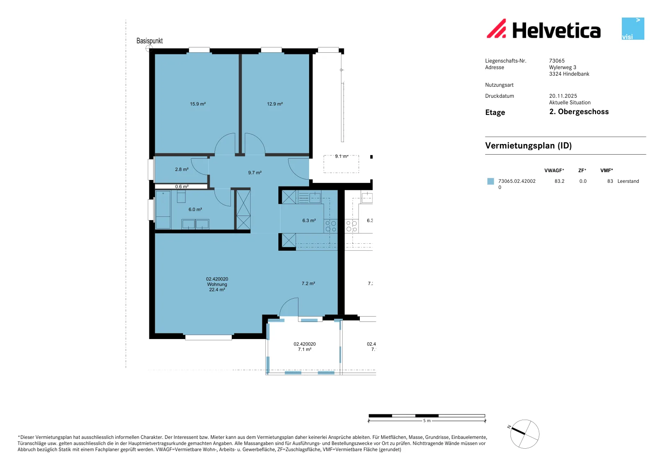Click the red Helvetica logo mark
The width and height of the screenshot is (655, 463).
pos(496,28)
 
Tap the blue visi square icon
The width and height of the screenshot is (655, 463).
pos(633,29)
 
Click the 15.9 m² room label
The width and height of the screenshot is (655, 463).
pos(198,104)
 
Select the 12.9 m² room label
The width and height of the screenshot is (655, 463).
pos(275,104)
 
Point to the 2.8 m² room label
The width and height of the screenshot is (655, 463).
pos(182,169)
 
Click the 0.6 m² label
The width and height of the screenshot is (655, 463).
pos(182,187)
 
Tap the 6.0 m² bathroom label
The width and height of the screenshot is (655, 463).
pos(195,209)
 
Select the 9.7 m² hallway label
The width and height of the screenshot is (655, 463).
pos(255,173)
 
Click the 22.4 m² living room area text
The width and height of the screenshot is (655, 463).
pos(217,290)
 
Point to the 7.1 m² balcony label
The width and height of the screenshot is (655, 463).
pos(305,349)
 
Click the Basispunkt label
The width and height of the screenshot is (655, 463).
pos(149,41)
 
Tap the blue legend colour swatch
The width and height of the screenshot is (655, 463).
pos(490,182)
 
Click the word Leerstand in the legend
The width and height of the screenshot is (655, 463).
pos(628,181)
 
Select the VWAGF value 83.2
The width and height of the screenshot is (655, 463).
pos(559,181)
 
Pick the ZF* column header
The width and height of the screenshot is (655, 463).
pos(582,170)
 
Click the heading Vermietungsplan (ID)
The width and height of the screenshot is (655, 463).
pos(529,146)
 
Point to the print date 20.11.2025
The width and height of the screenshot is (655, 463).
pos(563,96)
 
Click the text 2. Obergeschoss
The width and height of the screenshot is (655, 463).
pos(579,112)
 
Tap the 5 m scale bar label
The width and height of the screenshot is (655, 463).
pos(427,420)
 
